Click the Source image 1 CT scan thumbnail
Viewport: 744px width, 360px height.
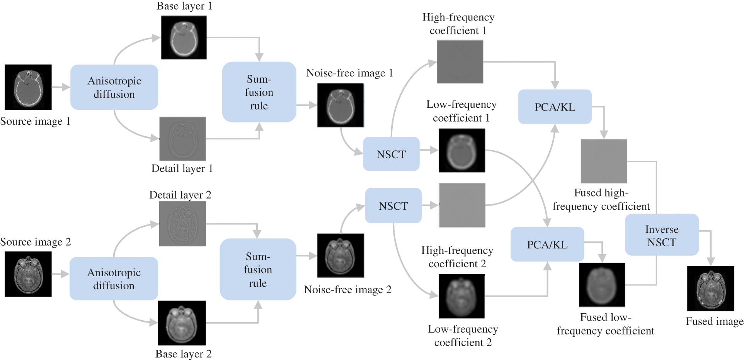pos(28,87)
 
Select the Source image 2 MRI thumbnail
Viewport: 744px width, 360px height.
pos(28,274)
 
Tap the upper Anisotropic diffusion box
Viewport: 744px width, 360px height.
pos(114,87)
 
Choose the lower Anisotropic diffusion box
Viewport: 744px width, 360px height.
pos(114,278)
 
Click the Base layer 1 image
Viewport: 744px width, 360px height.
pos(184,37)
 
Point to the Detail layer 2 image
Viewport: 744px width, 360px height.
pos(182,224)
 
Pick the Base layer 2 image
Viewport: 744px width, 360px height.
pos(182,323)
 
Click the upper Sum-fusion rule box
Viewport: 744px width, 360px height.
pos(259,92)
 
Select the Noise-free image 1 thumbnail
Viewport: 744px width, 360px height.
pos(341,105)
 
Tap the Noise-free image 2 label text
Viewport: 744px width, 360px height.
pos(347,290)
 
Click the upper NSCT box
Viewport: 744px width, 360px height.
pos(391,154)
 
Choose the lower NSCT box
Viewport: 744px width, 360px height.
pos(393,206)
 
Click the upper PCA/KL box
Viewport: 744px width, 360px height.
pos(555,107)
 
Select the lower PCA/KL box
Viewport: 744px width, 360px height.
pos(547,245)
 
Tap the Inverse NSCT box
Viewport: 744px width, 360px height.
pos(662,236)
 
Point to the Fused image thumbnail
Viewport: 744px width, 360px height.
pos(710,289)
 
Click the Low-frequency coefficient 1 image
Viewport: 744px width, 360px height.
pos(461,150)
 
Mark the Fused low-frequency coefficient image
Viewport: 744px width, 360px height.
pos(602,285)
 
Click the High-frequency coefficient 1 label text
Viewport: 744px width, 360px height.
pos(458,24)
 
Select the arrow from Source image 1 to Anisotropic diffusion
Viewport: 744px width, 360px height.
pos(61,87)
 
